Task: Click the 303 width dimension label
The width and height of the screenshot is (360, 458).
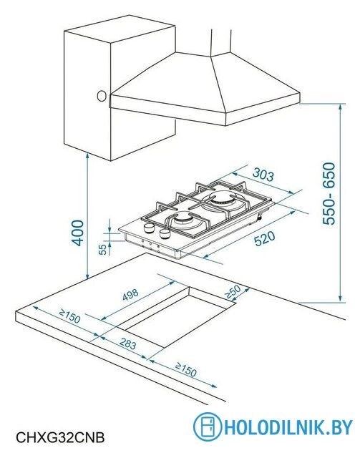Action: pyautogui.click(x=263, y=175)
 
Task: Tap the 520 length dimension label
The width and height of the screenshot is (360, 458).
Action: pyautogui.click(x=265, y=238)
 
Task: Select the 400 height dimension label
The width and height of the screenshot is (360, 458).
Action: pyautogui.click(x=78, y=233)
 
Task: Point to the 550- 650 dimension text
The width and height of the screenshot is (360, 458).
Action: pyautogui.click(x=329, y=193)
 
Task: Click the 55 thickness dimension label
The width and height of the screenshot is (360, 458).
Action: pyautogui.click(x=102, y=249)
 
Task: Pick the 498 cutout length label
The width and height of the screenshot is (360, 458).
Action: pyautogui.click(x=130, y=295)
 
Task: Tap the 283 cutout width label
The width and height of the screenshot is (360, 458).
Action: pyautogui.click(x=127, y=343)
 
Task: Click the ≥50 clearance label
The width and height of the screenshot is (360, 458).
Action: pyautogui.click(x=233, y=291)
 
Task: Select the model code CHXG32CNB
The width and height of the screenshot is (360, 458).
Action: pyautogui.click(x=60, y=438)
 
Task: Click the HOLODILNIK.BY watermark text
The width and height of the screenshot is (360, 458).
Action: pyautogui.click(x=288, y=427)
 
